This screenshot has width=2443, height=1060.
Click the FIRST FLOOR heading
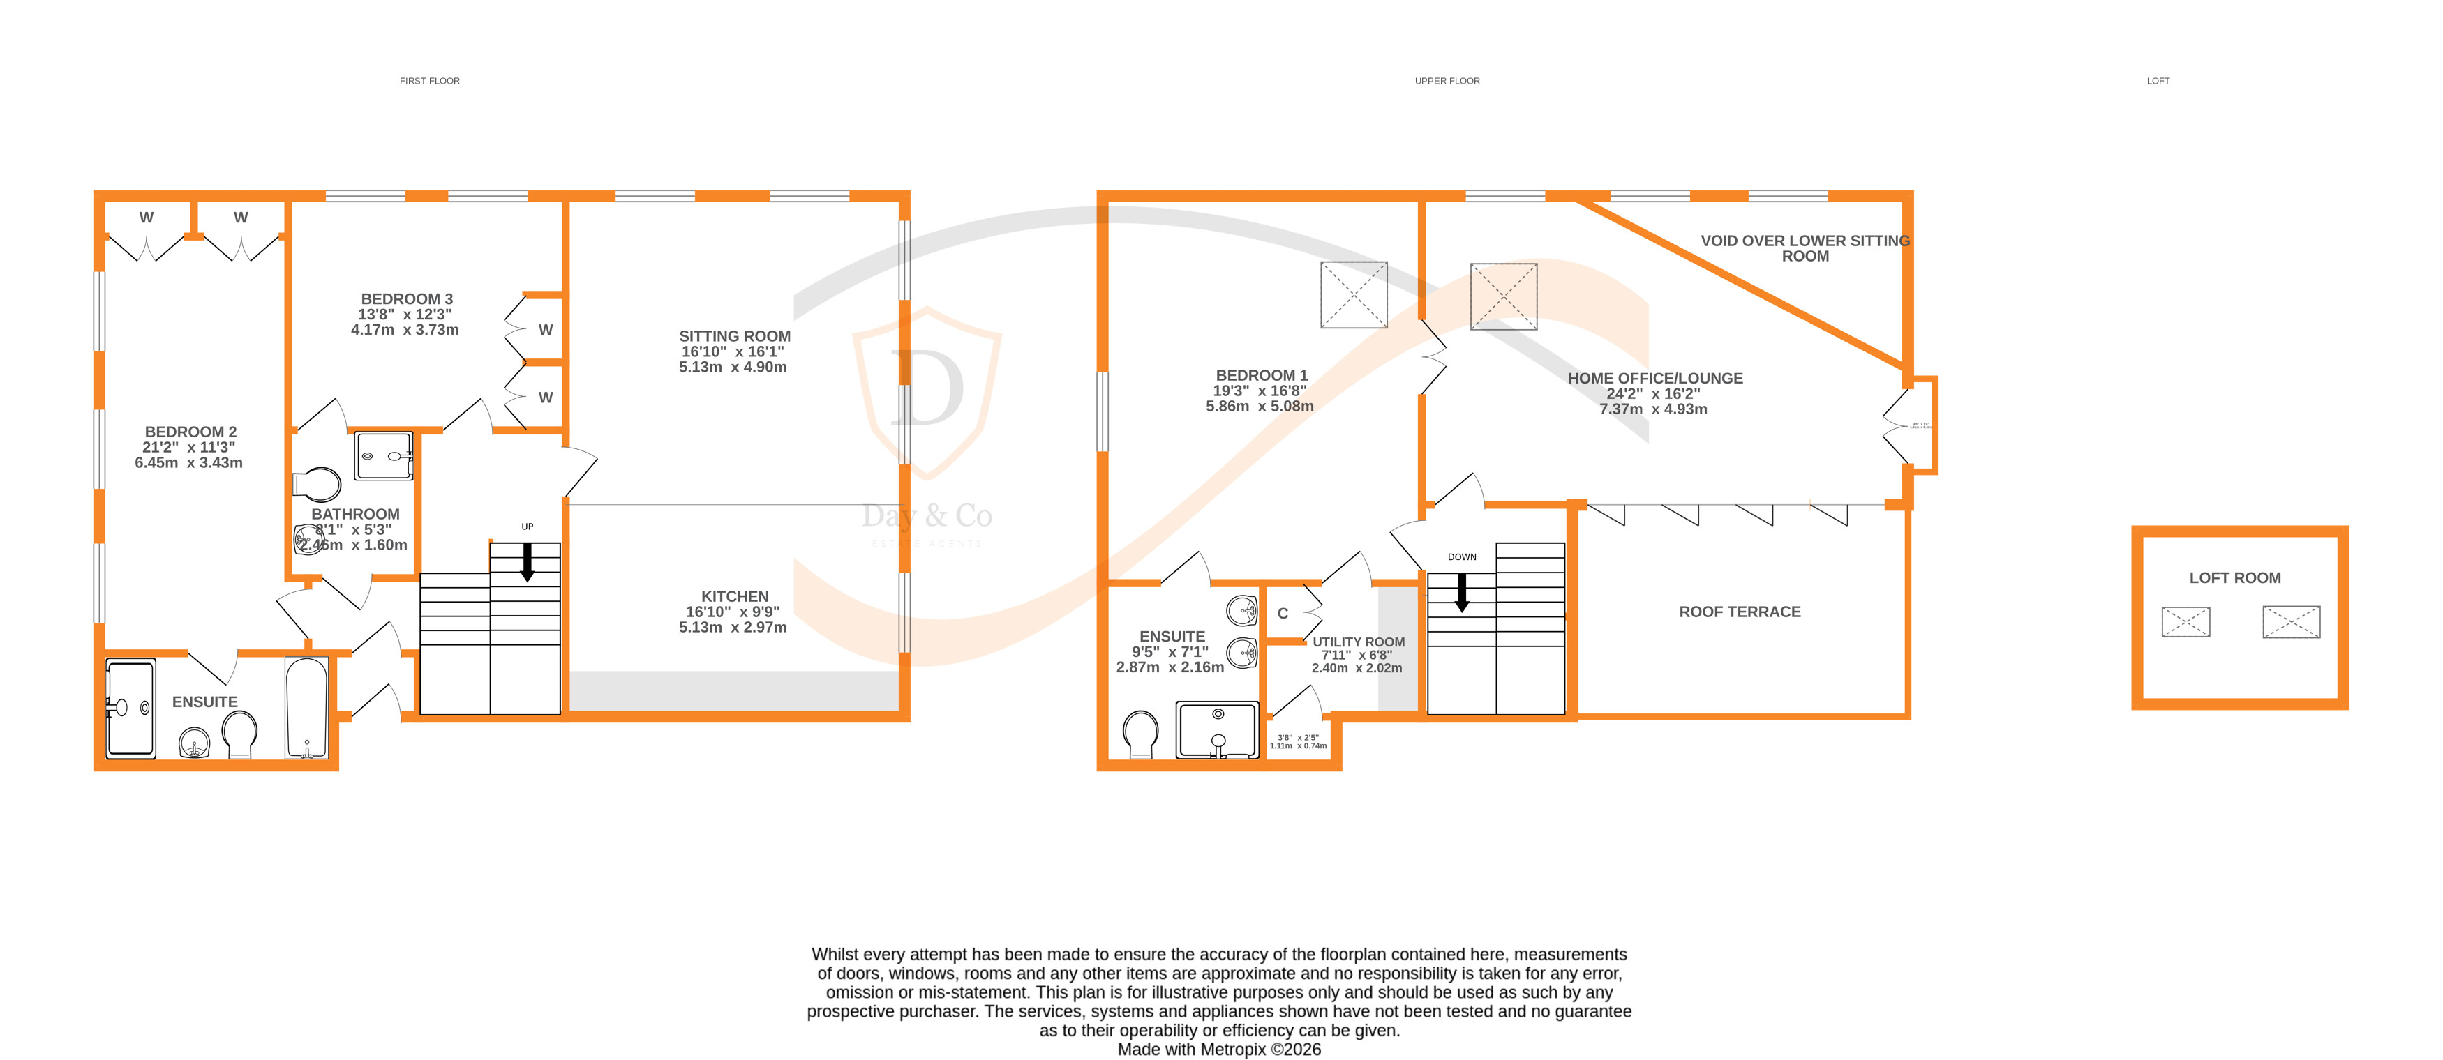coord(430,82)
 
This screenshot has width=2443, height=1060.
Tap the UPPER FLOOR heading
coord(1447,82)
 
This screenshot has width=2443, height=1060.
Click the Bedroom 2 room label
coord(190,432)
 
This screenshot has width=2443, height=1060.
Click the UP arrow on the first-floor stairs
coord(528,561)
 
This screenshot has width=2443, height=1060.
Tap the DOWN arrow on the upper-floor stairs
coord(1461,591)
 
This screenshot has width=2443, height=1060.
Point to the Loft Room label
coord(2234,578)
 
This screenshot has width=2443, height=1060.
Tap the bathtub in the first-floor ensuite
coord(306,706)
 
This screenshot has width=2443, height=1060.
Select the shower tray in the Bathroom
coord(383,457)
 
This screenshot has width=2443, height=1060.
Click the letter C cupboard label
coord(1282,614)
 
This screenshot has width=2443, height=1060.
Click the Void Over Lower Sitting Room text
coord(1804,248)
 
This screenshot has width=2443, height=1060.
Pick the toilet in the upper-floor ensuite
coord(1140,735)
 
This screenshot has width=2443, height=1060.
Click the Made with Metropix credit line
coord(1218,1050)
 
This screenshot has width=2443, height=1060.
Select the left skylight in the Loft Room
coord(2185,622)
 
